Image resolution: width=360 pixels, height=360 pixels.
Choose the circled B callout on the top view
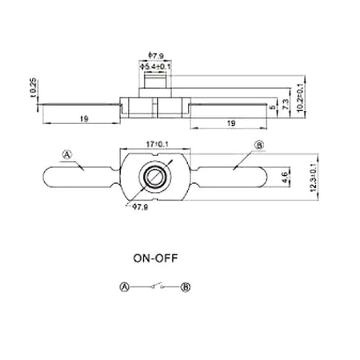tap(258, 145)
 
